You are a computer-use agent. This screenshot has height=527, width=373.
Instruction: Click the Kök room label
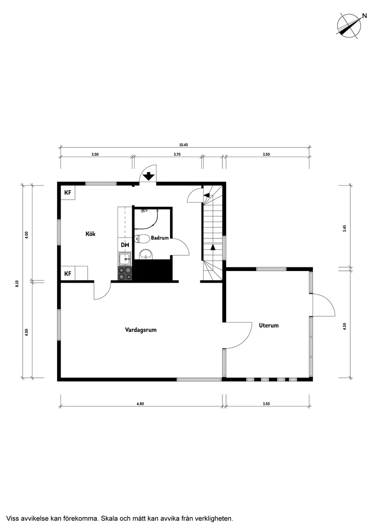coord(90,234)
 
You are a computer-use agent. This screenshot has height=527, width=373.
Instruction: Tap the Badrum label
coord(160,238)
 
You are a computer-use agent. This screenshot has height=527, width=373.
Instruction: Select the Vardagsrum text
coord(141,330)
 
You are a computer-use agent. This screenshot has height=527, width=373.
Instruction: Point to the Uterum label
coord(269,325)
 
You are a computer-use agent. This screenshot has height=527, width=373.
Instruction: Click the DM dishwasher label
coord(125,245)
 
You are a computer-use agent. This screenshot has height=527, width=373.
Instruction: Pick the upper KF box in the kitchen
coord(68,193)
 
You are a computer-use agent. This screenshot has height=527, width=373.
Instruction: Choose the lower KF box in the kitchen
coord(68,274)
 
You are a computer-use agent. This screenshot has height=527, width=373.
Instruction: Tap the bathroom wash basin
coord(146,255)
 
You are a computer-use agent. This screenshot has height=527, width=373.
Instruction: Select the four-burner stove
coord(125,272)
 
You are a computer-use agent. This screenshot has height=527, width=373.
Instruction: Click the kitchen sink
coord(125,259)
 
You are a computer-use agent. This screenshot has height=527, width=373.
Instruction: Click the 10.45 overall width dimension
coord(183,145)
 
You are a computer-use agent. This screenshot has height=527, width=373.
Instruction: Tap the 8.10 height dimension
coord(17,283)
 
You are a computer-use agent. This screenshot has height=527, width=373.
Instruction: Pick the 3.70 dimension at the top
coord(177,154)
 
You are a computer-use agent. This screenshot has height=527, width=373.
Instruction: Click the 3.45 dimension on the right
coord(345,229)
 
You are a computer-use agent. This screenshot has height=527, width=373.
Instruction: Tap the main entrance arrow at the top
coord(148,176)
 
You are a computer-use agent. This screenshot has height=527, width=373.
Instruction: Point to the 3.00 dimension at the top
coord(95,154)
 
